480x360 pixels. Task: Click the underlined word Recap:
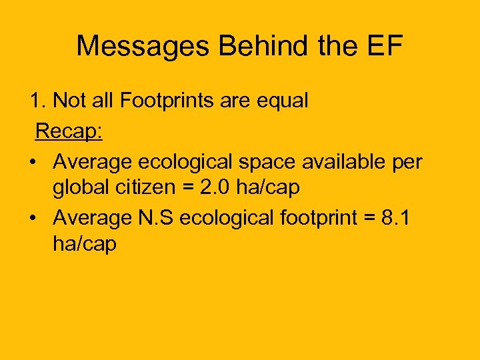coord(69,131)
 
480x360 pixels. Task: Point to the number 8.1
coord(398,217)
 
